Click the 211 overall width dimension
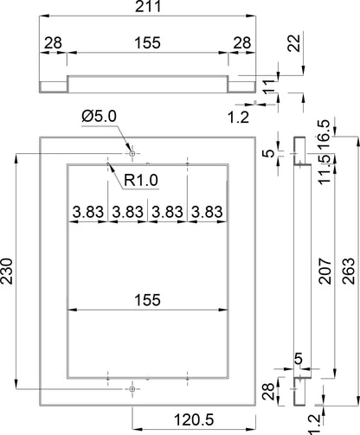click(148, 6)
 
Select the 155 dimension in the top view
click(147, 43)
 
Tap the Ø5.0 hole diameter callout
click(99, 117)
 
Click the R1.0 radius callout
click(141, 181)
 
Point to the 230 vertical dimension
click(7, 272)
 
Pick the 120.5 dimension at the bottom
click(194, 419)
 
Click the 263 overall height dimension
click(349, 272)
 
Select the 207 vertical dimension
click(325, 272)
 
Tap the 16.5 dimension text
click(324, 134)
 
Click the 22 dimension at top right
click(294, 43)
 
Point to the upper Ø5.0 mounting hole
click(132, 154)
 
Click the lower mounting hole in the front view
click(132, 389)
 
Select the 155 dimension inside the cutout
click(147, 300)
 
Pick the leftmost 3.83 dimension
click(88, 212)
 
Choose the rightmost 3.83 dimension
click(207, 212)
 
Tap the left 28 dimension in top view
click(53, 43)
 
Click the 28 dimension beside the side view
click(268, 392)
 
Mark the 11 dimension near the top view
click(269, 86)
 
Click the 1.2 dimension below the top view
click(238, 118)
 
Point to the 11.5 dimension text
click(324, 169)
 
